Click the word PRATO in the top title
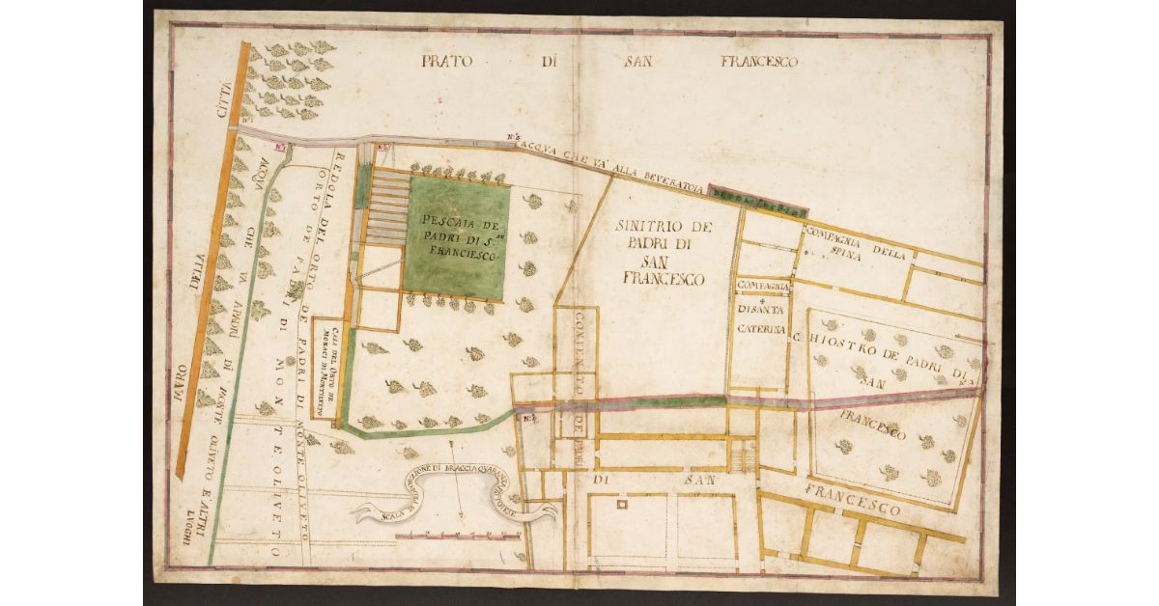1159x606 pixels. [x=445, y=62]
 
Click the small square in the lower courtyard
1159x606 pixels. [x=621, y=505]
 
